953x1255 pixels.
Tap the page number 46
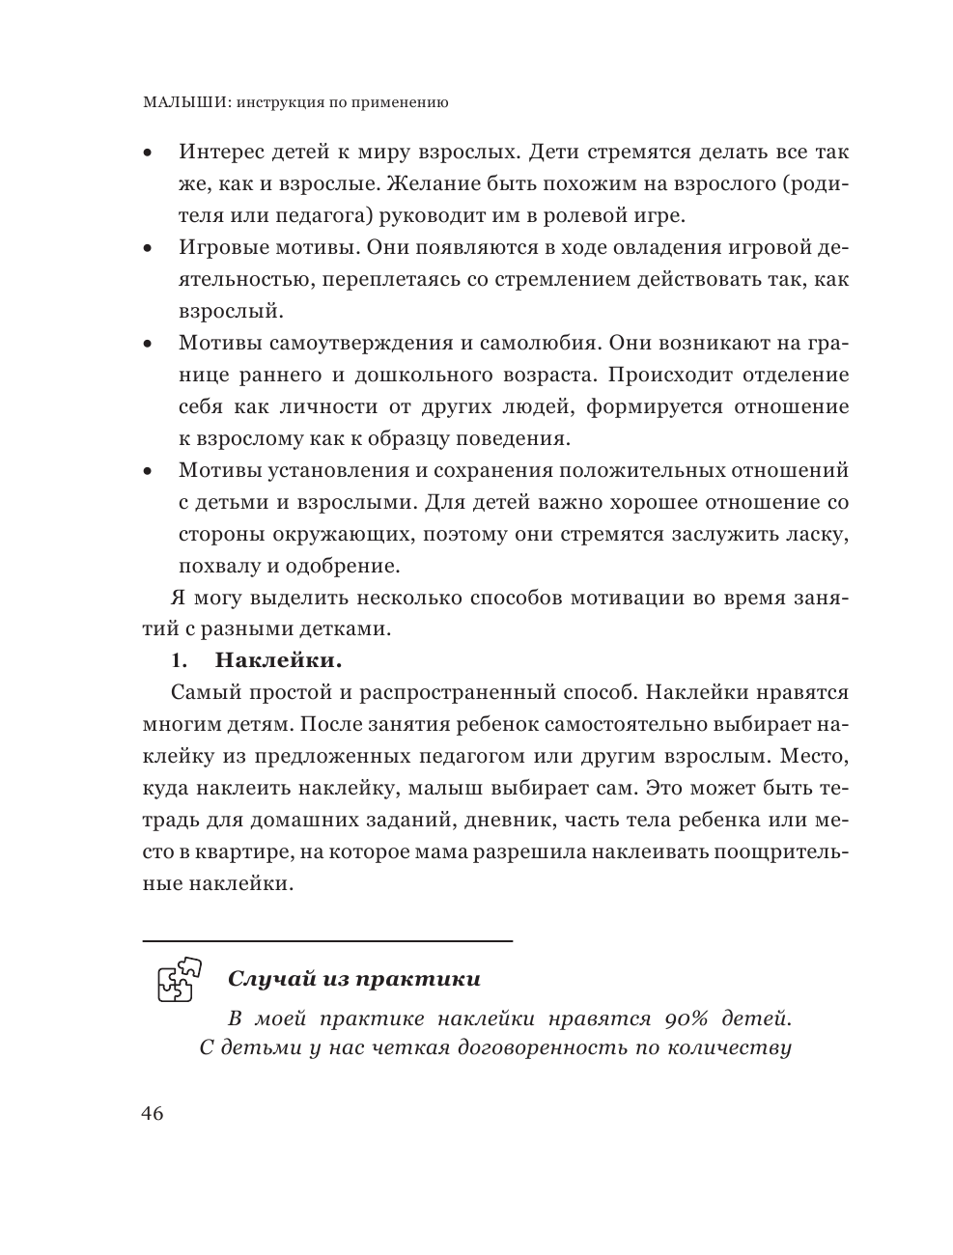[x=154, y=1114]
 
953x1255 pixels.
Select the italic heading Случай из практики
[x=353, y=979]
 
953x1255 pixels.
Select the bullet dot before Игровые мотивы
[x=148, y=249]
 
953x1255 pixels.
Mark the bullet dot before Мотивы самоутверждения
[x=148, y=345]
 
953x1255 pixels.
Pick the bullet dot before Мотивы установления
[x=148, y=472]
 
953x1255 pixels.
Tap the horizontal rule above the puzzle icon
[x=327, y=939]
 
